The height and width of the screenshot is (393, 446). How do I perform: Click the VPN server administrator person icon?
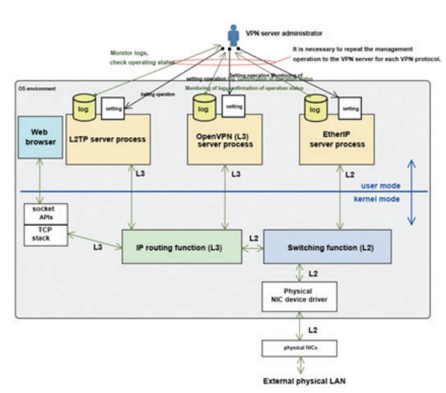pos(233,37)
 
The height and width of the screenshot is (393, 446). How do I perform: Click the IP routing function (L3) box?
pos(181,247)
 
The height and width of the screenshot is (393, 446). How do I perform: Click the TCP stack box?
pos(46,234)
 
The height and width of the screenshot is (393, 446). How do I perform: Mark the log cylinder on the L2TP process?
pos(83,107)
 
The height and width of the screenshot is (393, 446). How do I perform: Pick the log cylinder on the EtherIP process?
pos(315,107)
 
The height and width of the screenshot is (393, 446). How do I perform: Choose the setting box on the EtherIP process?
pos(351,109)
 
